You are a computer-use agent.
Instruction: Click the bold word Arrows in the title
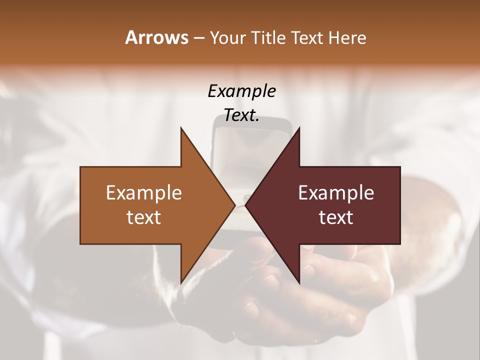[x=156, y=37]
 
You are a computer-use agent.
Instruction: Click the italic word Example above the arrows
[x=241, y=91]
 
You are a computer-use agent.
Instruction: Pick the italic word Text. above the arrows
[x=241, y=115]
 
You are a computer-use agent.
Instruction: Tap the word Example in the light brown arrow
[x=144, y=192]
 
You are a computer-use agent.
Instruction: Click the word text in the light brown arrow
[x=144, y=217]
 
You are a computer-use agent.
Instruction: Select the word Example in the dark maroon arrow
[x=336, y=192]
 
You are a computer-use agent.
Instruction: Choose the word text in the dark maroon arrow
[x=336, y=217]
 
